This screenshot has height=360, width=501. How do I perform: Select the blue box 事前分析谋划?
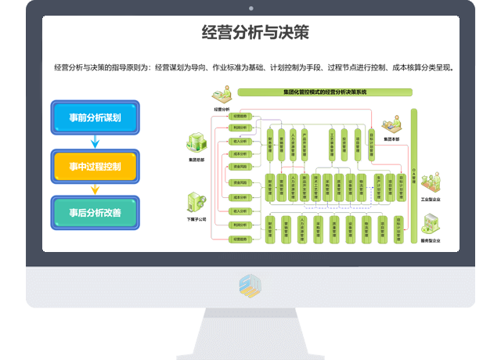95,117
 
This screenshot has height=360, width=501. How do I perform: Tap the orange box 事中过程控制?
95,166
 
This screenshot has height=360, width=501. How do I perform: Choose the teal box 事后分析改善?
95,212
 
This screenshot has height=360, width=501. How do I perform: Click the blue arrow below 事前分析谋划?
95,142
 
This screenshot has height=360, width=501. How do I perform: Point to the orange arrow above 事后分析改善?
95,189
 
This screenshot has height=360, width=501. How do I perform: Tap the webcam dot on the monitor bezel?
250,8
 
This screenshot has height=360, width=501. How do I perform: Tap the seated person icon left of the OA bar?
388,125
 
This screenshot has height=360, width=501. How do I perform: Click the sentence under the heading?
253,67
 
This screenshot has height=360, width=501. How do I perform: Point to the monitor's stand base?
250,333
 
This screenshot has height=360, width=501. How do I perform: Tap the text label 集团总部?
196,160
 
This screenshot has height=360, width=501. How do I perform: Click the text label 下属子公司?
196,220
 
